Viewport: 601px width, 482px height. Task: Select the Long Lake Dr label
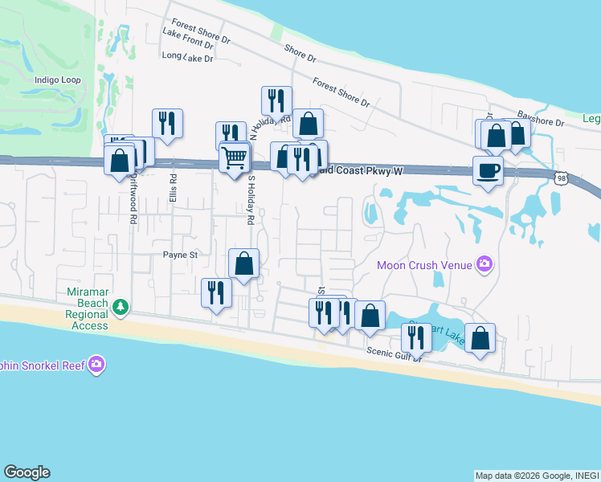(x=187, y=57)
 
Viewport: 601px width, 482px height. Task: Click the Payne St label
(x=180, y=255)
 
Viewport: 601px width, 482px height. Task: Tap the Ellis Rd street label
(x=173, y=188)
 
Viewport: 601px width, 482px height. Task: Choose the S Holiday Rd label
(x=251, y=199)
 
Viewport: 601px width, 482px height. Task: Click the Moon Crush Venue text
(x=425, y=264)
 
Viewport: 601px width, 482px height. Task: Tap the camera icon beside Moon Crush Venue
(x=484, y=263)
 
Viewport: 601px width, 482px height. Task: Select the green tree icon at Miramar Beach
(x=121, y=305)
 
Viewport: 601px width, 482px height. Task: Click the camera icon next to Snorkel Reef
(x=97, y=365)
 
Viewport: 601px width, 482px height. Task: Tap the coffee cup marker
(x=488, y=170)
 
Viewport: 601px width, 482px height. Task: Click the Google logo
(x=27, y=472)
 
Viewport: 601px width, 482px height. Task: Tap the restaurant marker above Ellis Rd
(x=167, y=123)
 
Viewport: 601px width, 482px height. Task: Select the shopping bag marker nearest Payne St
(x=243, y=263)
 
